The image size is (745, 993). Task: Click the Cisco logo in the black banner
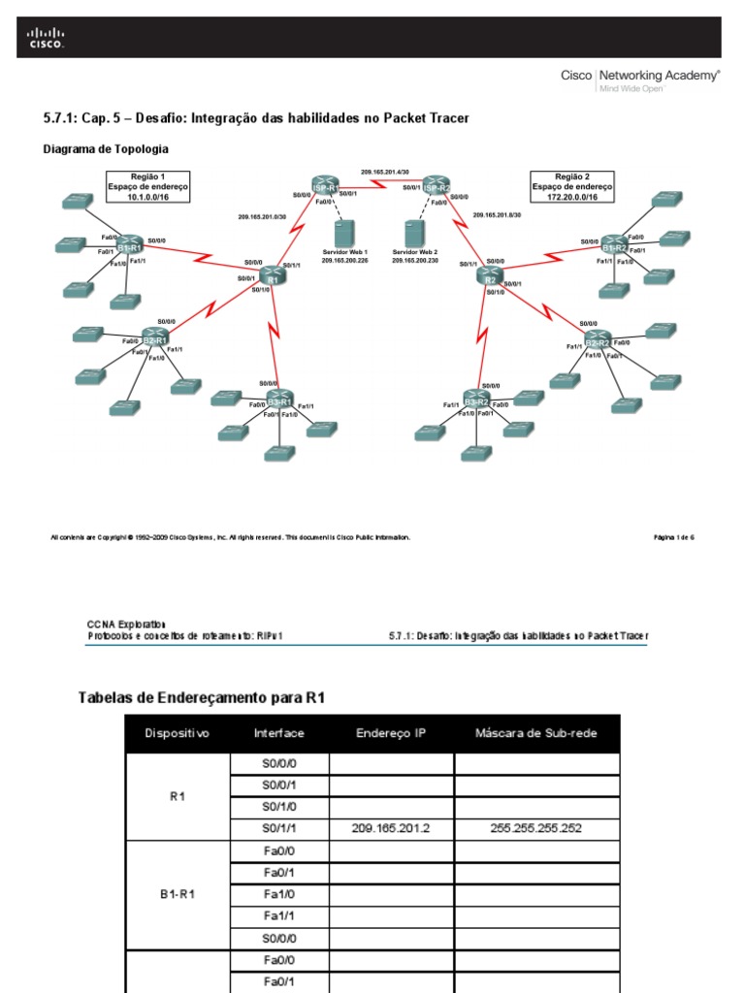pos(46,38)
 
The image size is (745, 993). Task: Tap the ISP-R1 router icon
pos(325,186)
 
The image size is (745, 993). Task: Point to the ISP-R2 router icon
pos(437,186)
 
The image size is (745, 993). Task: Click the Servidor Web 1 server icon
pos(340,234)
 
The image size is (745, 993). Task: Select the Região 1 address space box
pos(148,185)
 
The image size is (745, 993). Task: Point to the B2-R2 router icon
pos(597,342)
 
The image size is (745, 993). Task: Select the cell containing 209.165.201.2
pos(391,829)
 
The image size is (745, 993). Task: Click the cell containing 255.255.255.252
pos(536,829)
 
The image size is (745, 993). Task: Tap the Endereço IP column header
pos(391,733)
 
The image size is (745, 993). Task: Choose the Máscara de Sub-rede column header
pos(536,733)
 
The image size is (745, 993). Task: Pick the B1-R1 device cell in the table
pos(178,895)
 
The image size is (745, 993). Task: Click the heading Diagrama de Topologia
pos(107,149)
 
